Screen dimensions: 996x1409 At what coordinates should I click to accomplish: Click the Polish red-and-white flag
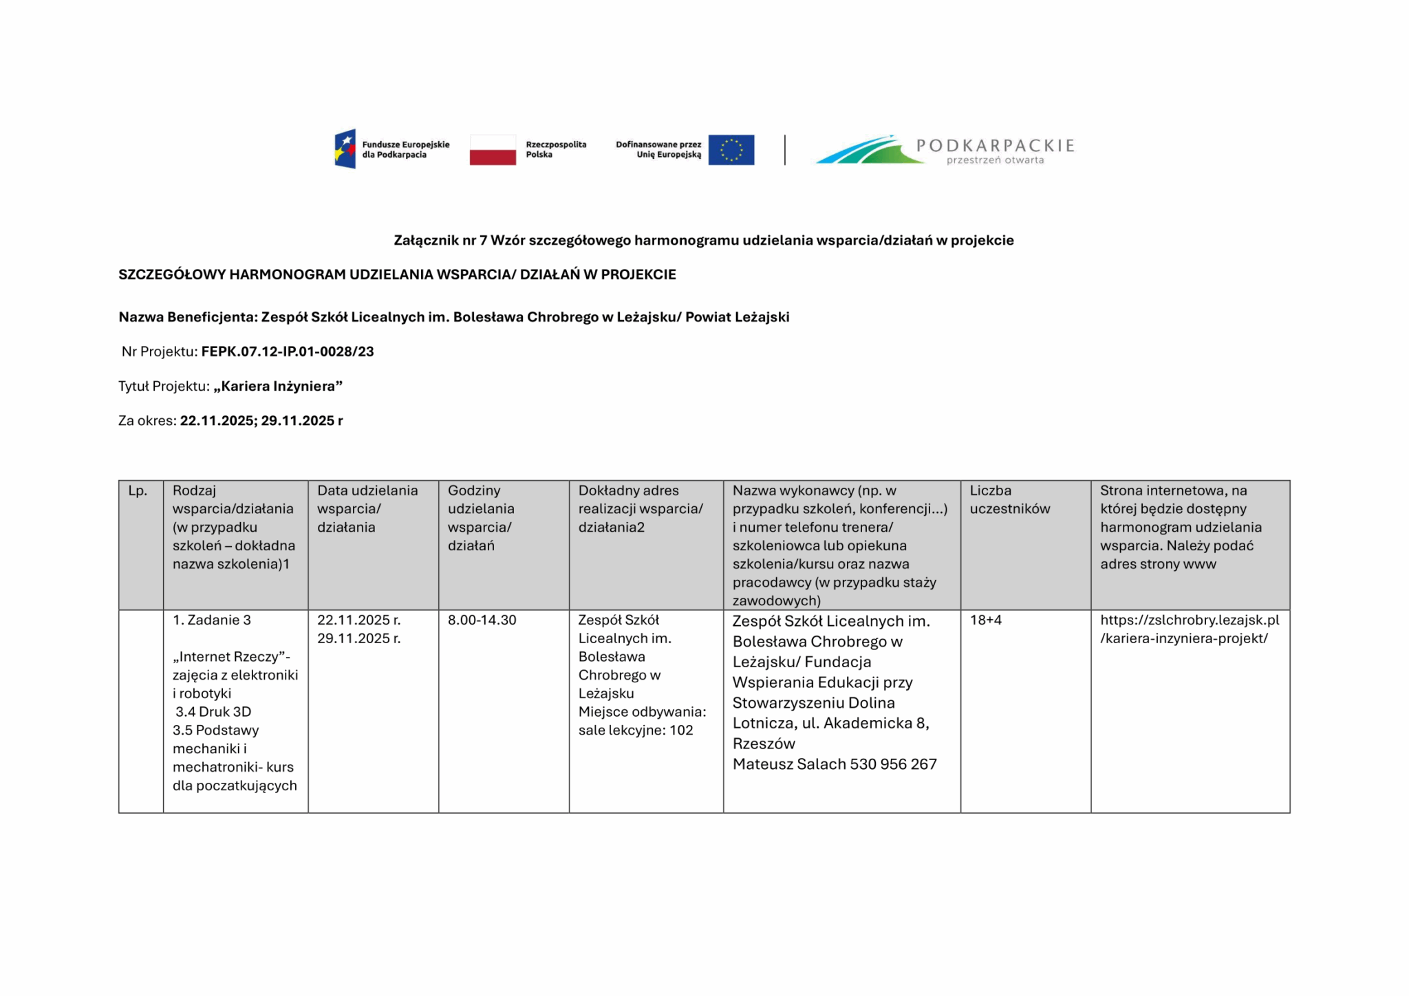(x=493, y=150)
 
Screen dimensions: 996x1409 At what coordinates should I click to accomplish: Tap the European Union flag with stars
(x=731, y=150)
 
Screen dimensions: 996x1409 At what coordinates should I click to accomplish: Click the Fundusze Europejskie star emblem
(x=345, y=149)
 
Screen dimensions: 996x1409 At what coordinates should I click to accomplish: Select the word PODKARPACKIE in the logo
(x=995, y=145)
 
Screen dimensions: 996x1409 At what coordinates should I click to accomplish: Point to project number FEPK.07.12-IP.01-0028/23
(x=288, y=351)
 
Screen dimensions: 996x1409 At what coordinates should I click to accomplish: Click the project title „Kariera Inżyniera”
(x=278, y=386)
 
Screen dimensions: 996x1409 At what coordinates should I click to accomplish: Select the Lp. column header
(x=138, y=490)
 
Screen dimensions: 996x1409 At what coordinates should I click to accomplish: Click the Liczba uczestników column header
(x=1009, y=499)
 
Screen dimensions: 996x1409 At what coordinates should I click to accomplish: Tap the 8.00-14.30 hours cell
(x=482, y=620)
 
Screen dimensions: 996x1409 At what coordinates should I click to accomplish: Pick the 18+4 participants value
(x=985, y=620)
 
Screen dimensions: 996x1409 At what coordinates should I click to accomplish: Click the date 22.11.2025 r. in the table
(x=358, y=620)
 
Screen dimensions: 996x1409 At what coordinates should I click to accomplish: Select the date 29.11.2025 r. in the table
(x=358, y=638)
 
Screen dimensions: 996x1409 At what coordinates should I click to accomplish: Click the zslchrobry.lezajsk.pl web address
(x=1189, y=629)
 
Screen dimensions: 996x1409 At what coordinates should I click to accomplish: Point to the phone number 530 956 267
(x=893, y=764)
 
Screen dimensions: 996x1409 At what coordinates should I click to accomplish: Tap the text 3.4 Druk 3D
(x=213, y=712)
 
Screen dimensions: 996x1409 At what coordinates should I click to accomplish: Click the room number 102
(x=681, y=730)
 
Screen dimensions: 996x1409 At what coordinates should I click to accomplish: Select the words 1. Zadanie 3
(x=212, y=620)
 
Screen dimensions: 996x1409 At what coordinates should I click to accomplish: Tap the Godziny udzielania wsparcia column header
(x=481, y=517)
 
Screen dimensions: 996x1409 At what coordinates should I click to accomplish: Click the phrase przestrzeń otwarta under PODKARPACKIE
(x=995, y=161)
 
